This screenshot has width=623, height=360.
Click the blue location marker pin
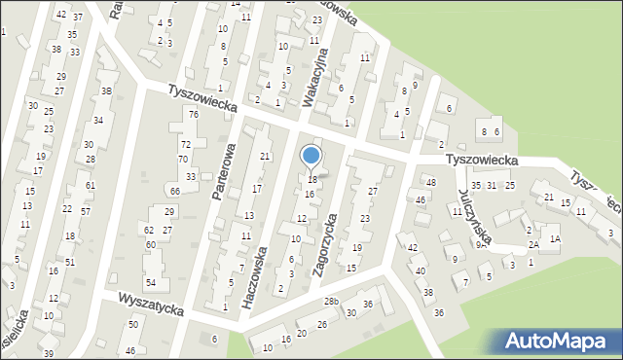click(x=311, y=156)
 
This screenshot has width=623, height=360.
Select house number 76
click(x=194, y=115)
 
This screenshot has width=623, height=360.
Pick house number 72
click(x=186, y=143)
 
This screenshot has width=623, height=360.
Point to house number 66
click(x=174, y=191)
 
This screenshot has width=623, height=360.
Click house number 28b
click(x=332, y=302)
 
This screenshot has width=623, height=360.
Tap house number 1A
click(x=555, y=238)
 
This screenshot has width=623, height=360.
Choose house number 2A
click(x=533, y=246)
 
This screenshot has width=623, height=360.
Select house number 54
click(x=151, y=282)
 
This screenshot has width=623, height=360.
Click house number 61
click(x=91, y=185)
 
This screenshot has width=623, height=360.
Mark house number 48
click(x=430, y=183)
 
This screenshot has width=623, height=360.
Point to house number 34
click(x=98, y=120)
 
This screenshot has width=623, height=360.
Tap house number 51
click(x=70, y=262)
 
